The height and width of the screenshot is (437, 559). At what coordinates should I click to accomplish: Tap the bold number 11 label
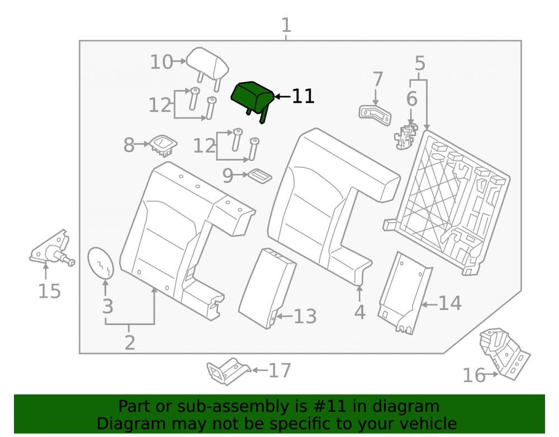(x=303, y=96)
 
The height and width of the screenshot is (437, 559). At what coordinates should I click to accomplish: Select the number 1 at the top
(x=286, y=25)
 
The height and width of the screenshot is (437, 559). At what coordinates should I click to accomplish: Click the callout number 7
(x=378, y=79)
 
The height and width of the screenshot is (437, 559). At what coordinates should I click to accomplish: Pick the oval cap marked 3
(x=101, y=262)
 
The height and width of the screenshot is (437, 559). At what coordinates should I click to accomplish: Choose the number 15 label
(x=50, y=291)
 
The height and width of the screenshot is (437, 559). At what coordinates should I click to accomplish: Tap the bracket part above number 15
(x=52, y=248)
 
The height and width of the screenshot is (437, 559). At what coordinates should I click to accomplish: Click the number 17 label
(x=280, y=370)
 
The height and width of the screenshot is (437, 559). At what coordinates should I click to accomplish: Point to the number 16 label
(x=474, y=375)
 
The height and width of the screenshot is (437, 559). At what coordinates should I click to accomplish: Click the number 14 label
(x=450, y=303)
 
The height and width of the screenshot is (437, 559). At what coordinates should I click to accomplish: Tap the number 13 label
(x=305, y=317)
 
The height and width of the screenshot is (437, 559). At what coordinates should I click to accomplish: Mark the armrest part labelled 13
(x=267, y=288)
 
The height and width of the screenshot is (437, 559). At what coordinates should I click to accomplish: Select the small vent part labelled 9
(x=260, y=176)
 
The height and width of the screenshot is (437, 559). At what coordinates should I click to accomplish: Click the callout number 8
(x=129, y=145)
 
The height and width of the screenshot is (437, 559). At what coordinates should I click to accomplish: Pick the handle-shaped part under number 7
(x=375, y=116)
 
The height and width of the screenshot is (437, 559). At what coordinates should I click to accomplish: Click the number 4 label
(x=359, y=312)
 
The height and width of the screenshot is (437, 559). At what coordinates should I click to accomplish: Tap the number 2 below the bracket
(x=130, y=342)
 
